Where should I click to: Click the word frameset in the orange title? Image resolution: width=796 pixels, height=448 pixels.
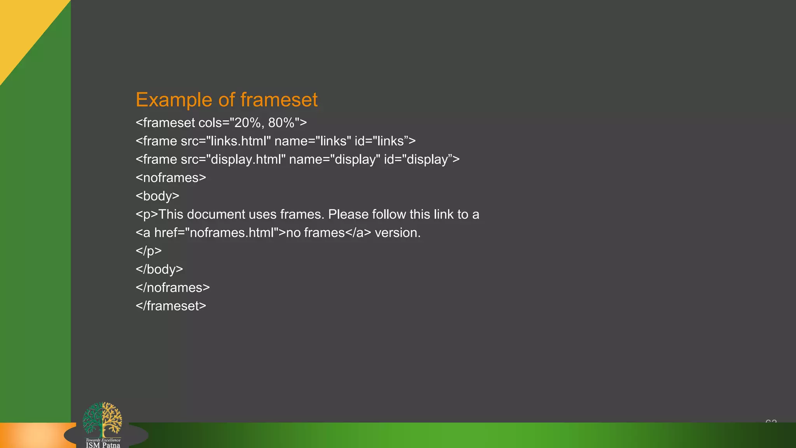(279, 100)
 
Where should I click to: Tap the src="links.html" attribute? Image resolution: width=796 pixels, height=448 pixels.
(225, 141)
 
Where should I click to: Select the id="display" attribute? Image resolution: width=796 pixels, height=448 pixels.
(419, 159)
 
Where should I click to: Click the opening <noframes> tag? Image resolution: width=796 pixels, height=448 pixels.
(171, 178)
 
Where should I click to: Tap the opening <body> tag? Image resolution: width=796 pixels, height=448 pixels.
(157, 196)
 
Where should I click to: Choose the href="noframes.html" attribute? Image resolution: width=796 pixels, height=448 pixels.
(216, 233)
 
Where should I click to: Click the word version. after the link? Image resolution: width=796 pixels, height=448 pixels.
(398, 233)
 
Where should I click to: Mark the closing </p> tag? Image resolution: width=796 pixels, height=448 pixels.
(148, 251)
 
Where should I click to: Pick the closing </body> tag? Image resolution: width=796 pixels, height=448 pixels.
(159, 269)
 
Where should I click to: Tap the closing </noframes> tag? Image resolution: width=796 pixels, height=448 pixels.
(173, 287)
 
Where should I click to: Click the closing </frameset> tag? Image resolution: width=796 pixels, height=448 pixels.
(171, 306)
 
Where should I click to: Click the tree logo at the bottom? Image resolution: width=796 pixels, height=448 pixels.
(102, 420)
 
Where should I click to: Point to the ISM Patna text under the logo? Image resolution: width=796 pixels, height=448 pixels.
(103, 445)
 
